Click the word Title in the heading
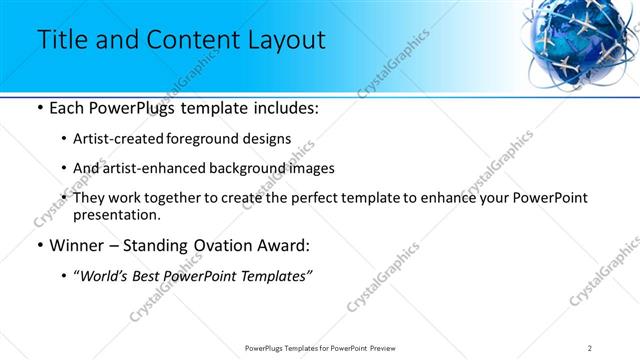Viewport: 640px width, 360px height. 63,41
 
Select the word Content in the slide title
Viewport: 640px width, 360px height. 187,41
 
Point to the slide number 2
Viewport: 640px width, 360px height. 590,347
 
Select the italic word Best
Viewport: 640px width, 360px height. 150,276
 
